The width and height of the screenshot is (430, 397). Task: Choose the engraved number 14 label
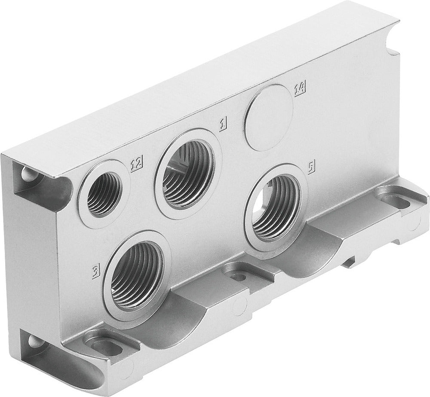click(300, 89)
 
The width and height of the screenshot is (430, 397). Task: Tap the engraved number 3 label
click(96, 270)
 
